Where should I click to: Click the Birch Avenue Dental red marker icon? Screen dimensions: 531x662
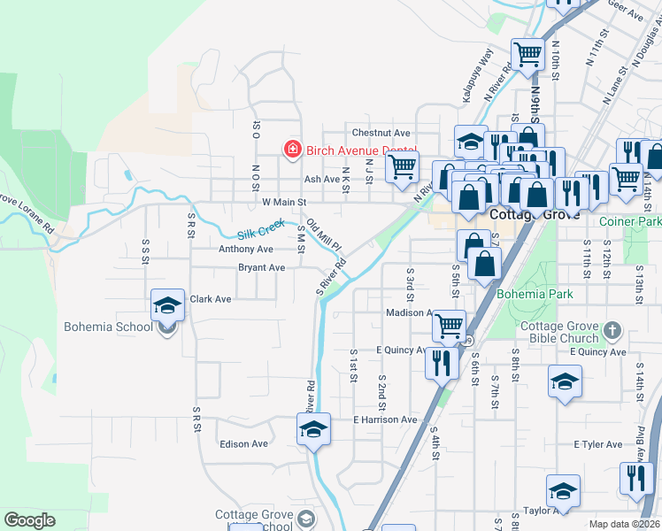[x=291, y=150]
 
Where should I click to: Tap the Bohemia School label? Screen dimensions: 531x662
[x=108, y=327]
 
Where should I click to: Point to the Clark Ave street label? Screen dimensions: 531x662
[x=211, y=299]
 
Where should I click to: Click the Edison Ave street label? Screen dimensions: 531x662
[x=243, y=443]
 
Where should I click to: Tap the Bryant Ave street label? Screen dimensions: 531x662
[x=261, y=267]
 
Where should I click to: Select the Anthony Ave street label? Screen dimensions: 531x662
[x=246, y=250]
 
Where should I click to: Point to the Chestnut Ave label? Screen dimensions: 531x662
[x=381, y=132]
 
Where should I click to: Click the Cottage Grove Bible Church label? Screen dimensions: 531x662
[x=559, y=332]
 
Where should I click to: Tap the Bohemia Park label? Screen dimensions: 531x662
[x=535, y=294]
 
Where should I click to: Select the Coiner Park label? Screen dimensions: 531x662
[x=629, y=220]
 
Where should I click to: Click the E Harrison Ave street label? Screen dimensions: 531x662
[x=385, y=419]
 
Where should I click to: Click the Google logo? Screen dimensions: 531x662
[x=30, y=520]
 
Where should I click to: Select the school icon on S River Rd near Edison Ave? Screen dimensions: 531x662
[x=312, y=430]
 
